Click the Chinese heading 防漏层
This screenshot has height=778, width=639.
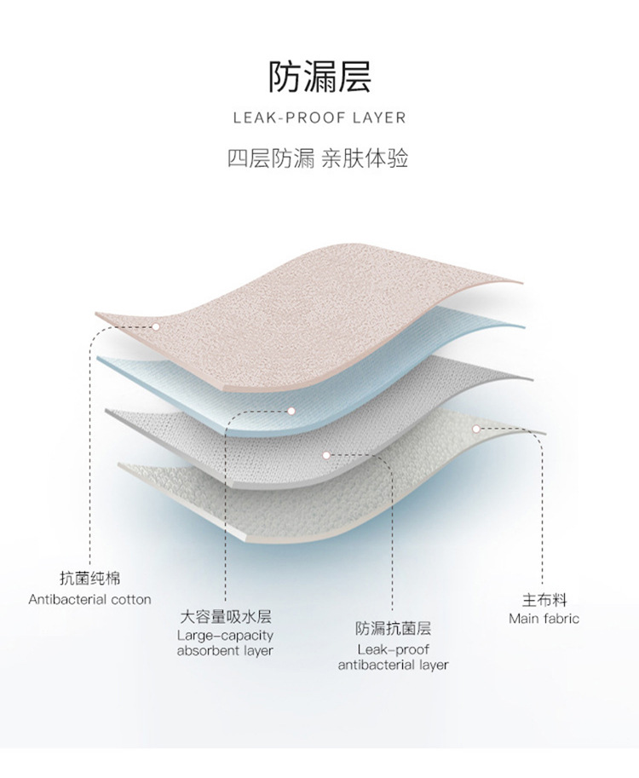click(x=319, y=76)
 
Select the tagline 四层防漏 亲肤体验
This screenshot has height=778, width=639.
click(x=319, y=158)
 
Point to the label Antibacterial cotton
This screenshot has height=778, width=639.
click(x=89, y=599)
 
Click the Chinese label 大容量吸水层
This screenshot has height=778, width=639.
click(x=225, y=617)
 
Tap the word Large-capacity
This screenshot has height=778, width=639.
click(x=225, y=635)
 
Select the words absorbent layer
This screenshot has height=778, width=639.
click(x=225, y=651)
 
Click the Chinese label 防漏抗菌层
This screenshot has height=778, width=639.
click(x=393, y=630)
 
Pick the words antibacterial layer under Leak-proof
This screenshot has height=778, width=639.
click(x=393, y=665)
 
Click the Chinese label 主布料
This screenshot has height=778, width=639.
click(x=544, y=600)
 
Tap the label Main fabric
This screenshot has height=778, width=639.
click(x=544, y=619)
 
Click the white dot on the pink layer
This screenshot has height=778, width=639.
click(x=157, y=326)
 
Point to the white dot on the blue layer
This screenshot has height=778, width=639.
click(x=291, y=411)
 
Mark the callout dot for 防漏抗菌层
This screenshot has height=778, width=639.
click(x=326, y=454)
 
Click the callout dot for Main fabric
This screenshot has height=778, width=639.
click(x=477, y=429)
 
